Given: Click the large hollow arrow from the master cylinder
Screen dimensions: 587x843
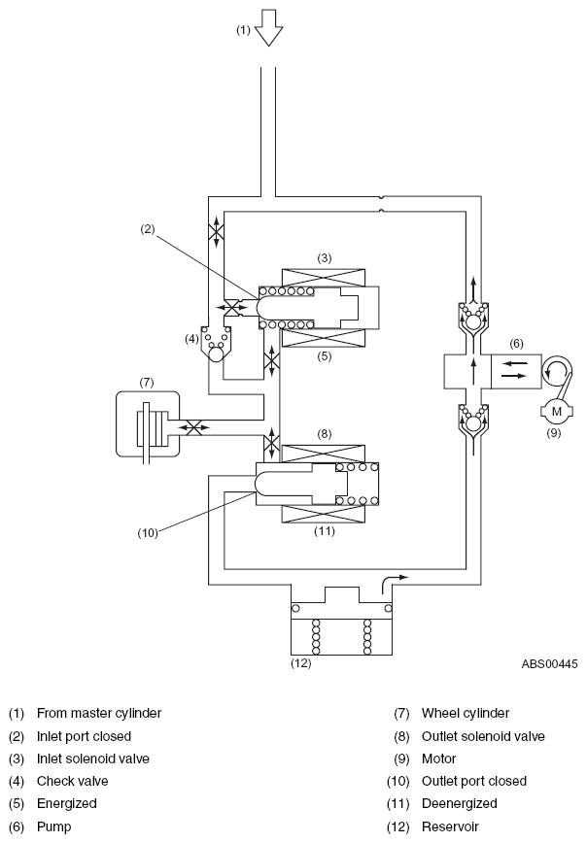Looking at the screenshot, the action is click(268, 27).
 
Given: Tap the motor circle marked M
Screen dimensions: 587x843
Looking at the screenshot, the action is click(556, 412).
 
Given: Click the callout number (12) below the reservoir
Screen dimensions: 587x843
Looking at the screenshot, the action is click(300, 663).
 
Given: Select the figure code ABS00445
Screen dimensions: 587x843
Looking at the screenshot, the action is click(549, 664).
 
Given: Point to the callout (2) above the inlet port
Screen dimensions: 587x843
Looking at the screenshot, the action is click(148, 229).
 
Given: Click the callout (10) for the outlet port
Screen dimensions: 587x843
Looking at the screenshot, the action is click(148, 533).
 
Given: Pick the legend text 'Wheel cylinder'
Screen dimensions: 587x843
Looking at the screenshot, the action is click(465, 714).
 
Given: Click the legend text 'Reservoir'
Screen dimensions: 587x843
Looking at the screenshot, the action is click(450, 826).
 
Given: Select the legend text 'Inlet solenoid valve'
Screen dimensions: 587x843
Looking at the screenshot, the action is click(93, 759).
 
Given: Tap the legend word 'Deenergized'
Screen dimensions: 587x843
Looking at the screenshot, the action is click(459, 804).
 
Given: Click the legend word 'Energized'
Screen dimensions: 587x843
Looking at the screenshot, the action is click(67, 804).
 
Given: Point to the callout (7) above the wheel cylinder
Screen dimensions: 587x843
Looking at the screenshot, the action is click(147, 383).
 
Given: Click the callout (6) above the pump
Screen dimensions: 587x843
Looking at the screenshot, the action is click(516, 344).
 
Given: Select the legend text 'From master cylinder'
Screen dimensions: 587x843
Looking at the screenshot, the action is click(99, 714).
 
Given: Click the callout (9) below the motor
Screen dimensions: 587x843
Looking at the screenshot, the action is click(554, 432).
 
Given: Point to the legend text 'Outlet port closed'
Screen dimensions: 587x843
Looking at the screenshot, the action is click(474, 781).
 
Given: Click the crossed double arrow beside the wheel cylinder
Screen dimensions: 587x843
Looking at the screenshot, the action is click(193, 427).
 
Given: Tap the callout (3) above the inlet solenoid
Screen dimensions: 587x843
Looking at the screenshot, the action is click(324, 258).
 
